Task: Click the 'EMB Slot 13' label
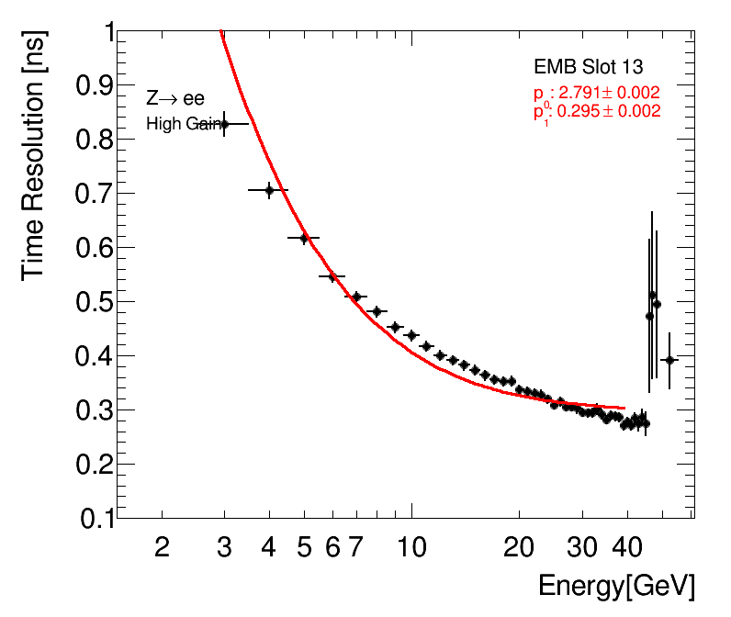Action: click(588, 67)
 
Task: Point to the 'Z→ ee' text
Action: click(174, 99)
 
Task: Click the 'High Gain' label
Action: click(186, 124)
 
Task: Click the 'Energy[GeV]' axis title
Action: click(615, 585)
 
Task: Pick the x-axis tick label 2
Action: click(162, 548)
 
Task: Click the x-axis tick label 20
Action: click(519, 548)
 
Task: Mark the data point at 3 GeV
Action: click(224, 124)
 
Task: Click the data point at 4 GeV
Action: click(269, 190)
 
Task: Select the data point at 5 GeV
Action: click(304, 238)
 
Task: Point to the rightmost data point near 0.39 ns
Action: click(669, 360)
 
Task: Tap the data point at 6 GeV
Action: click(332, 276)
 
